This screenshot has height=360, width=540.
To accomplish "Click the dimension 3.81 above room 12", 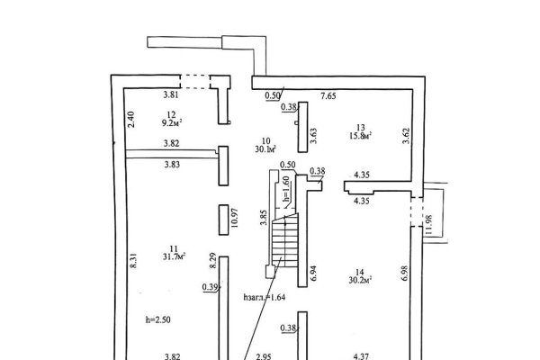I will coord(171,94).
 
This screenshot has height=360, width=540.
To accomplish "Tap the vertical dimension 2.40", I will coord(130,121).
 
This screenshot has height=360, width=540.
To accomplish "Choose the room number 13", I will coord(360,127).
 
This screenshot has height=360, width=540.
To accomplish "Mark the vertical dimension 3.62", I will coord(407,137).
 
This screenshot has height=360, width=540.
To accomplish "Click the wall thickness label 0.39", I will coord(211,287).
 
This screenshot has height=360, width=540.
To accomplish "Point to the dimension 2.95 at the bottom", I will coord(262,356).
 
